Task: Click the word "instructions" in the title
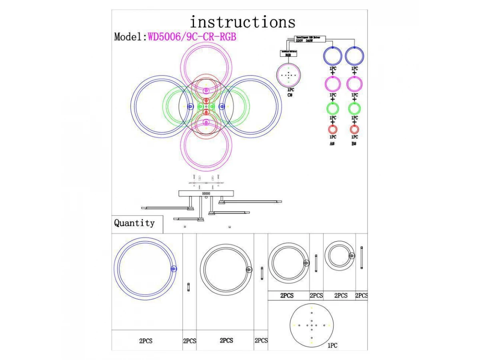pos(242,22)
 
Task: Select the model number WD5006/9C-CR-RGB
pos(192,37)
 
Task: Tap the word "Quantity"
pos(134,223)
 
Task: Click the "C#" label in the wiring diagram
pos(290,95)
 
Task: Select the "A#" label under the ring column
pos(332,143)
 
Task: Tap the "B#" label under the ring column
pos(354,143)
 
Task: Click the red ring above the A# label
pos(333,130)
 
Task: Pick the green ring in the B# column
pos(354,108)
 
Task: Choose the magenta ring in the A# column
pos(333,84)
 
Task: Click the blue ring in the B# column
pos(354,56)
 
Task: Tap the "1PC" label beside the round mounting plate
pos(332,345)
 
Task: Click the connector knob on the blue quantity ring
pos(173,269)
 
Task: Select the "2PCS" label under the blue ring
pos(146,341)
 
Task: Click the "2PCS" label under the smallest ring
pos(341,296)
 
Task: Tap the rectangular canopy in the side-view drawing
pos(206,194)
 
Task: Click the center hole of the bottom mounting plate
pos(311,325)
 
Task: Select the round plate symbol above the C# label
pos(289,75)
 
